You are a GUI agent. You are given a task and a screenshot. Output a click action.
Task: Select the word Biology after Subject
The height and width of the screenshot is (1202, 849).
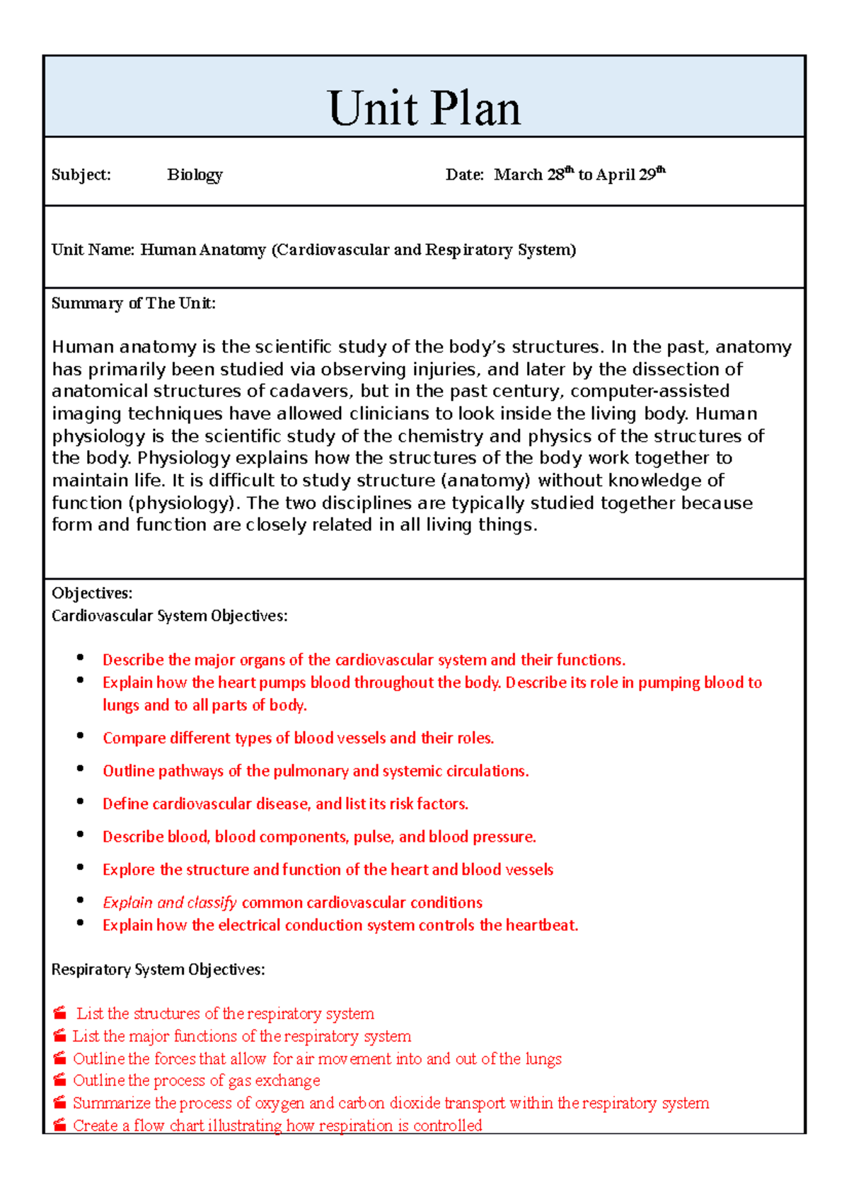(195, 175)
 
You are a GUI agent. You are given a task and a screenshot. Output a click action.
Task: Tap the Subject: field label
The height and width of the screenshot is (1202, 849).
(81, 175)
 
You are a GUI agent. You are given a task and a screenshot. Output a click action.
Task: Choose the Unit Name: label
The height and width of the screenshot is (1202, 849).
(93, 250)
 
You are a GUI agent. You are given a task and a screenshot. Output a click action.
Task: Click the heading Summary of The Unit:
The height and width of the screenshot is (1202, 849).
(133, 304)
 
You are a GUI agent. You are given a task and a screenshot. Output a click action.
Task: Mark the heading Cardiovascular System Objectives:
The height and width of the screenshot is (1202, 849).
(169, 616)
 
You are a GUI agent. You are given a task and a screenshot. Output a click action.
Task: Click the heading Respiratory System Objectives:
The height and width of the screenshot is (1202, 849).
(158, 970)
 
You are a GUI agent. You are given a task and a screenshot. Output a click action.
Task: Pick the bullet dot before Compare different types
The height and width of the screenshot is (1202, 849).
(81, 735)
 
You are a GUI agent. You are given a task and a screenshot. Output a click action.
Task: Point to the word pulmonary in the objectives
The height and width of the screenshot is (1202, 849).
(310, 771)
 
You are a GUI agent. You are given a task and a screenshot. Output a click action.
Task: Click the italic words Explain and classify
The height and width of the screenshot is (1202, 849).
(169, 903)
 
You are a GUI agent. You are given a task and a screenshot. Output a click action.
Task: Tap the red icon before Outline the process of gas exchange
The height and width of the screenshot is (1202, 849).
(60, 1080)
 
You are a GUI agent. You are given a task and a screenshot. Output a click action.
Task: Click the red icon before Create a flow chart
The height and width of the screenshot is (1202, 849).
(60, 1125)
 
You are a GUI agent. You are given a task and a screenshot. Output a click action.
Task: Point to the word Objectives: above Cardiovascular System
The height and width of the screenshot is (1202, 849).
(92, 593)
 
